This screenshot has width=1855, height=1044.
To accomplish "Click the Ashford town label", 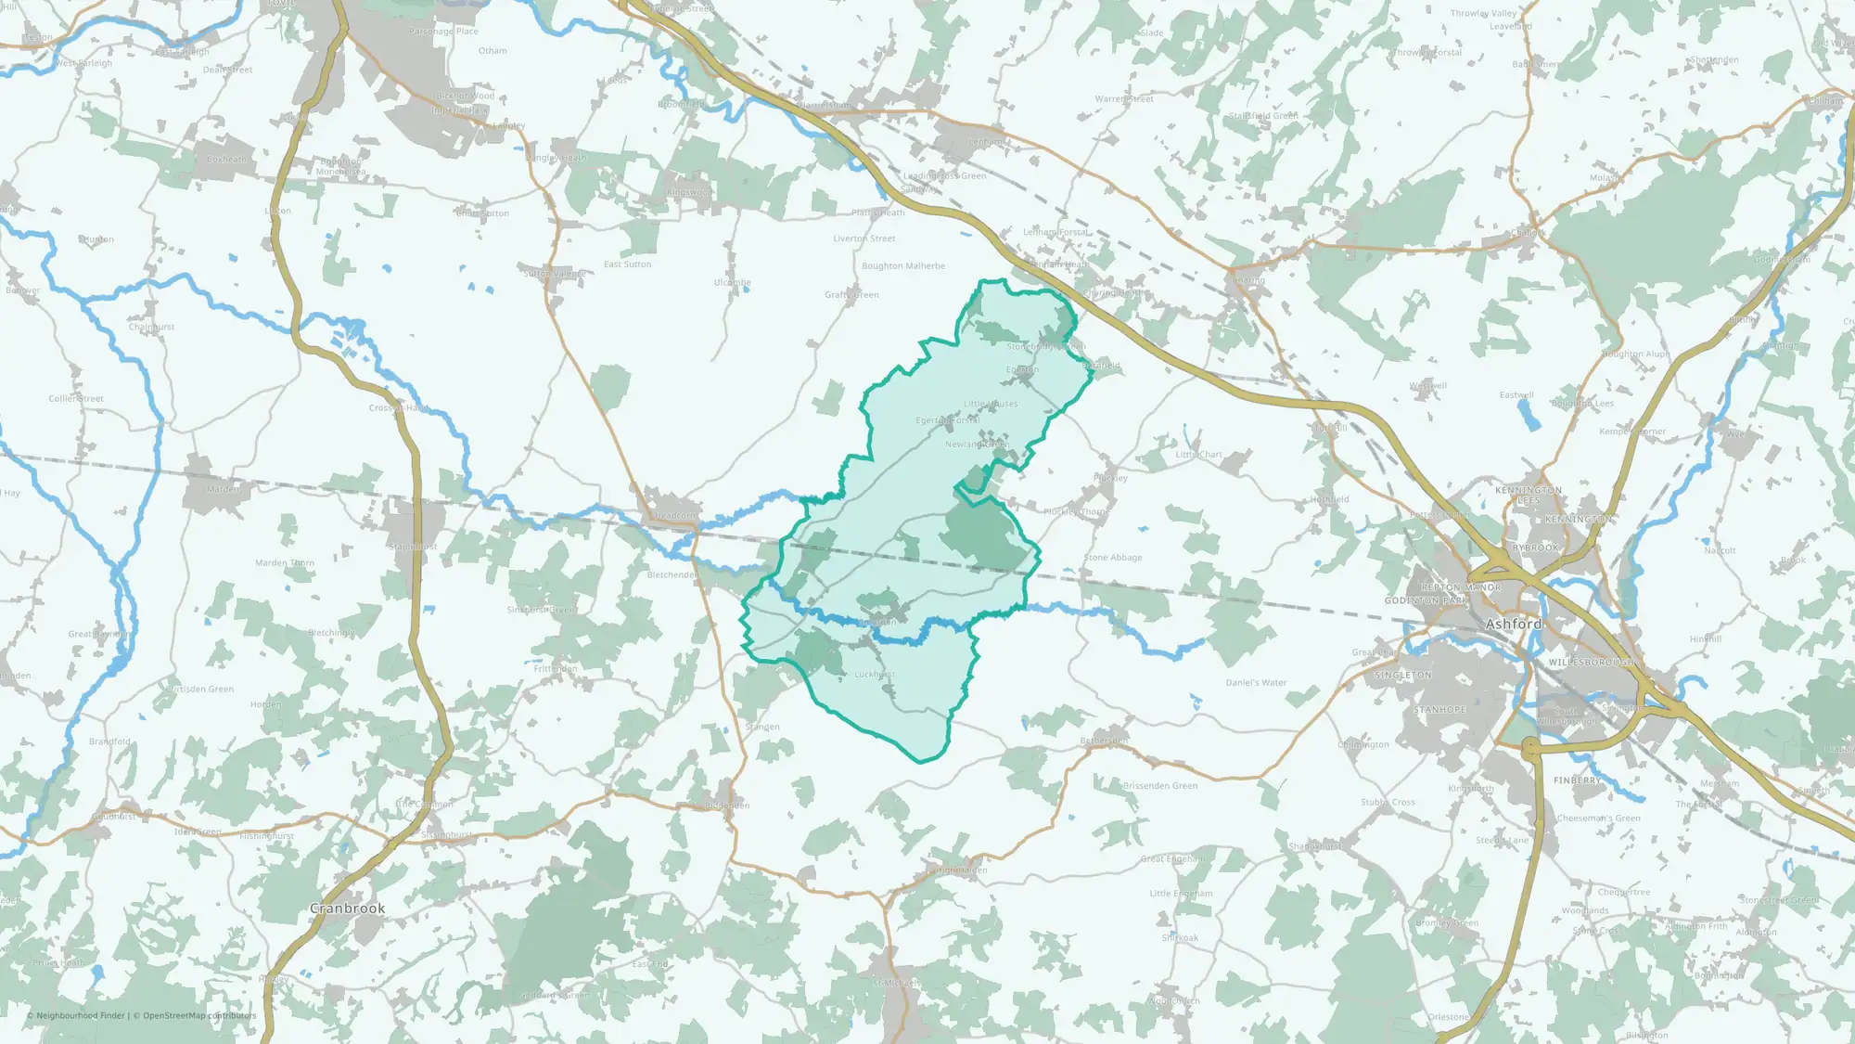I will pyautogui.click(x=1513, y=625).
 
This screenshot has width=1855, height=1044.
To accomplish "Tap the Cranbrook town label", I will pyautogui.click(x=347, y=909).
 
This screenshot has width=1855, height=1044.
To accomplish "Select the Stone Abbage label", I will pyautogui.click(x=1113, y=558).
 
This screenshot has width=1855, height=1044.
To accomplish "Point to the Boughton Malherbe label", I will pyautogui.click(x=902, y=266).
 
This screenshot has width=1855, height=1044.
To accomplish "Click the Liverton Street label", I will pyautogui.click(x=864, y=238).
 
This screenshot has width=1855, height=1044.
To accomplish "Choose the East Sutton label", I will pyautogui.click(x=627, y=264).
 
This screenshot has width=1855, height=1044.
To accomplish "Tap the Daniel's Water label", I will pyautogui.click(x=1256, y=683).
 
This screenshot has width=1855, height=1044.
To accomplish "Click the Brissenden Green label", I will pyautogui.click(x=1159, y=786).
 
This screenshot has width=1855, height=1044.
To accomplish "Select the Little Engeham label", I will pyautogui.click(x=1181, y=894).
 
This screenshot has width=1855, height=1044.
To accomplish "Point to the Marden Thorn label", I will pyautogui.click(x=285, y=563).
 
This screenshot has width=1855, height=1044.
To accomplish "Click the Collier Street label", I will pyautogui.click(x=76, y=399).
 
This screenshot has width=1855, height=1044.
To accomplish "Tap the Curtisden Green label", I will pyautogui.click(x=199, y=690).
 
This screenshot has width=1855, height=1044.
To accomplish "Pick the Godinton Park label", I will pyautogui.click(x=1426, y=601).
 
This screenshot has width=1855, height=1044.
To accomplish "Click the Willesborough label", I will pyautogui.click(x=1592, y=663).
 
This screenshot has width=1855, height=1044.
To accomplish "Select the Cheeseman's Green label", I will pyautogui.click(x=1598, y=818).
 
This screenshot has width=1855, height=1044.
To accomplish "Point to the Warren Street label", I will pyautogui.click(x=1124, y=99).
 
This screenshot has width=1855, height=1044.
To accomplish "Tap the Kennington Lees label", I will pyautogui.click(x=1529, y=496).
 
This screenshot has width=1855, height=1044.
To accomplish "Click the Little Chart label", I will pyautogui.click(x=1198, y=455).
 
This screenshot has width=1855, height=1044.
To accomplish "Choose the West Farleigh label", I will pyautogui.click(x=83, y=64).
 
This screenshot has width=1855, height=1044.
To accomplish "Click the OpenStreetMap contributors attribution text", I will pyautogui.click(x=199, y=1015).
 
